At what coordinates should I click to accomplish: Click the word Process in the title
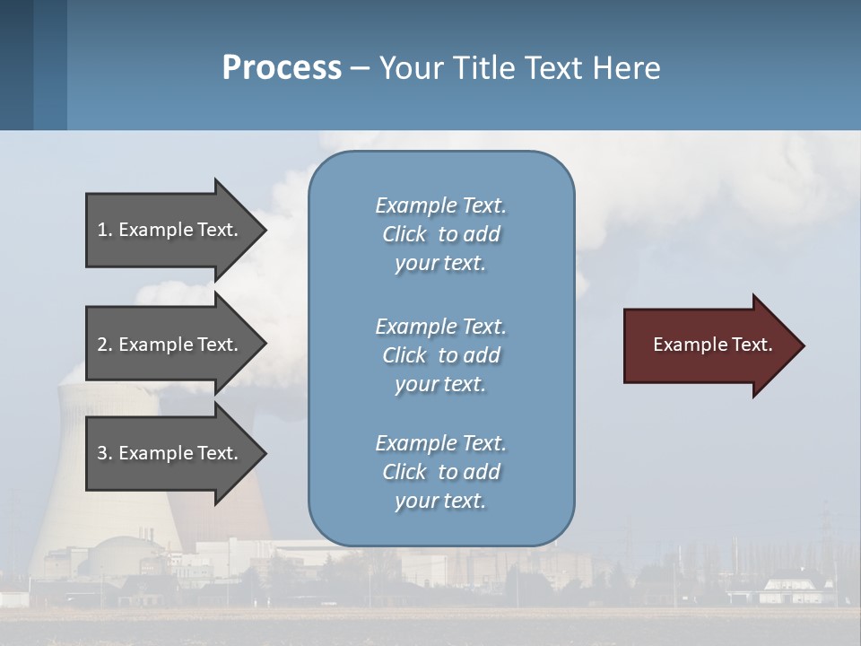coord(282,68)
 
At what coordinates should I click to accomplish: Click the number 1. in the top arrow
coord(105,230)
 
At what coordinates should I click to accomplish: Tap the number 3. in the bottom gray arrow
coord(105,453)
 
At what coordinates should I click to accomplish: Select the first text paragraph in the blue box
coord(441,234)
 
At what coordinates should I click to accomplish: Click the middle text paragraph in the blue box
coord(441,355)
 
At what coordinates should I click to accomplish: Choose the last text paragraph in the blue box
coord(441,472)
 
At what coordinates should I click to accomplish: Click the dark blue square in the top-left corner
coord(16,65)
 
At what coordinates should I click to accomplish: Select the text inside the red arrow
coord(713,345)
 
